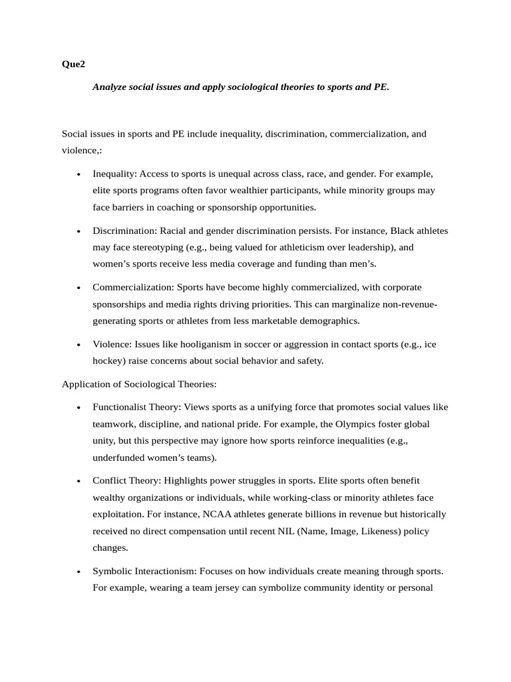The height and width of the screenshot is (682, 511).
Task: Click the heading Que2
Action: pyautogui.click(x=73, y=65)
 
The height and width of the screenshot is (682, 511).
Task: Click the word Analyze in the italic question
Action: pyautogui.click(x=110, y=87)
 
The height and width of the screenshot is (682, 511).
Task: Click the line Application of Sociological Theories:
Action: pyautogui.click(x=139, y=384)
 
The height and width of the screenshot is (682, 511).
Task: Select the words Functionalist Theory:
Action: pyautogui.click(x=136, y=407)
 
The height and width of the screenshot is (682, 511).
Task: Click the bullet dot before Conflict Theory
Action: pyautogui.click(x=79, y=481)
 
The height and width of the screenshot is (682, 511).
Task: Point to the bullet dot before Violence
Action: pyautogui.click(x=79, y=345)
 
